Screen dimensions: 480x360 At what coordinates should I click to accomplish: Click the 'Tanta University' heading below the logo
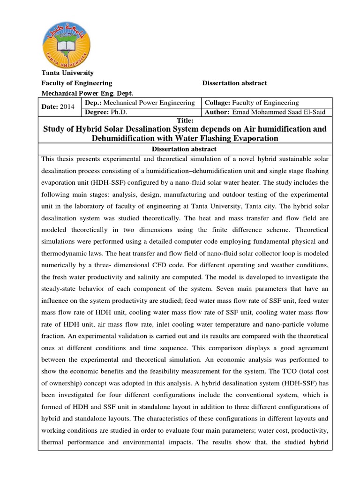(x=68, y=73)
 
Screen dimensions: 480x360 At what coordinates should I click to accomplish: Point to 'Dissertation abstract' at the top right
(x=234, y=83)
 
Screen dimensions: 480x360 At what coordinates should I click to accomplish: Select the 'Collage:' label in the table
(x=217, y=103)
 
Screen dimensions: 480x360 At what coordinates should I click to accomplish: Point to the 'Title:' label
(x=185, y=120)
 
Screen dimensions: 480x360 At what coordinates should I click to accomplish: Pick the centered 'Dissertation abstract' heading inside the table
(x=185, y=149)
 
